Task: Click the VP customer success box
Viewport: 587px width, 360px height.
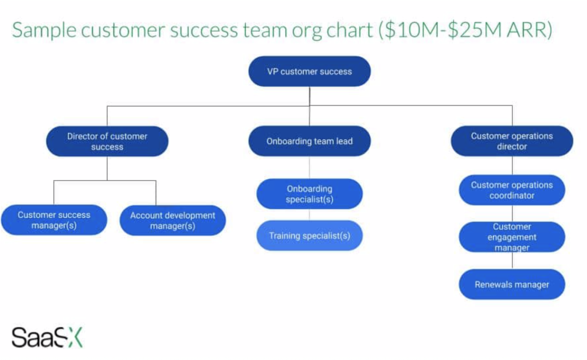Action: (x=310, y=72)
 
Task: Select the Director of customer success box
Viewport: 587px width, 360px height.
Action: (x=107, y=142)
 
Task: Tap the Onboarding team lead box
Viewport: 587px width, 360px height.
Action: (x=310, y=141)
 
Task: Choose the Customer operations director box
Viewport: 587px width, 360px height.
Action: (x=512, y=141)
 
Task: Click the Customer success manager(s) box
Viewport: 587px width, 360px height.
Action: (x=54, y=220)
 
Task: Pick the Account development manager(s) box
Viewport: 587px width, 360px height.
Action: (x=173, y=221)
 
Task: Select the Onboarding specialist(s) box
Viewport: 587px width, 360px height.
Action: (x=310, y=194)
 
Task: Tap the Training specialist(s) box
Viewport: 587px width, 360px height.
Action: (x=310, y=236)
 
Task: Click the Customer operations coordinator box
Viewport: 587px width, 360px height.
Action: (x=512, y=190)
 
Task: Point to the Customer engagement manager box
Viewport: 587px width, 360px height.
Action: (x=512, y=237)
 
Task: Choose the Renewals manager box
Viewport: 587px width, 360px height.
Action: (x=512, y=284)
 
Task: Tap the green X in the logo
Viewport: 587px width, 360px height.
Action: (x=74, y=338)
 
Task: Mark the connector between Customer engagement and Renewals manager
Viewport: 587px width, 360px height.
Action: (x=512, y=261)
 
